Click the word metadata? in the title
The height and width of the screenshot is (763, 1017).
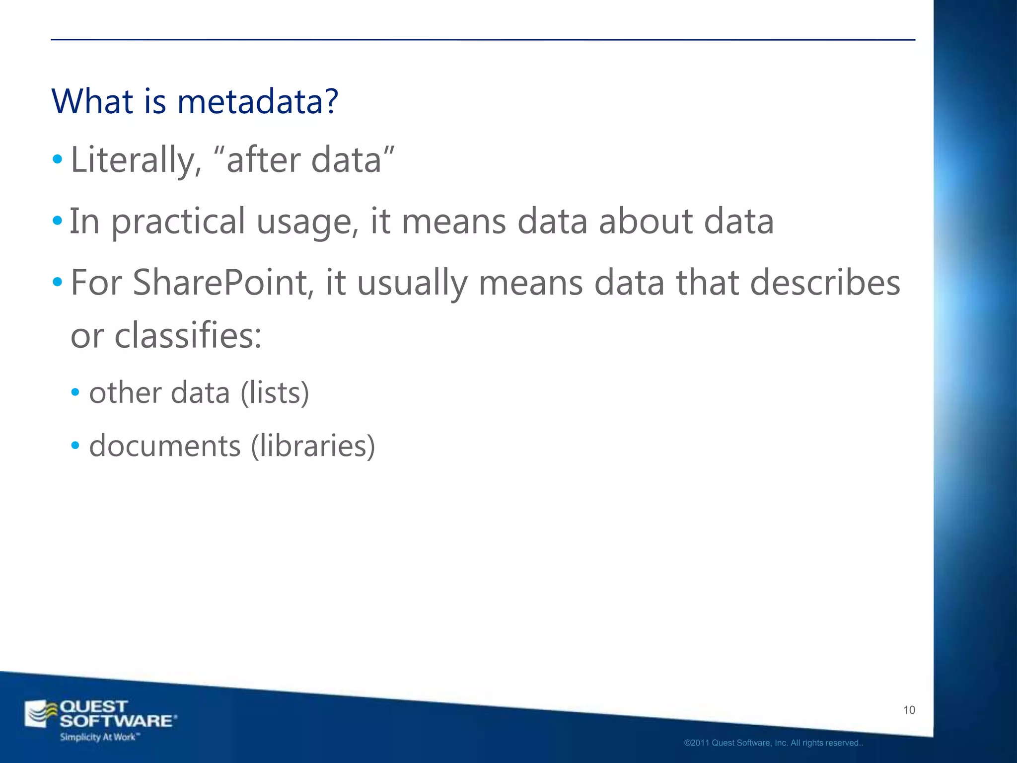[258, 101]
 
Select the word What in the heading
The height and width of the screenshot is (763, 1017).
[92, 101]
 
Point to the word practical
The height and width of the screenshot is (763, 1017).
[178, 222]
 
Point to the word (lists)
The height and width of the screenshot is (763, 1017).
[275, 393]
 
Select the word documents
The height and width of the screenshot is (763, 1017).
[165, 446]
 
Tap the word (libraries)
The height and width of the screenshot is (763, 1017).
[313, 446]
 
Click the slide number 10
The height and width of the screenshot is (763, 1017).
[909, 710]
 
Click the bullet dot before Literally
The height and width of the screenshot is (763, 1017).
[58, 160]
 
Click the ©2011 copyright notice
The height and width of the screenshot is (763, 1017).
[773, 743]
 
